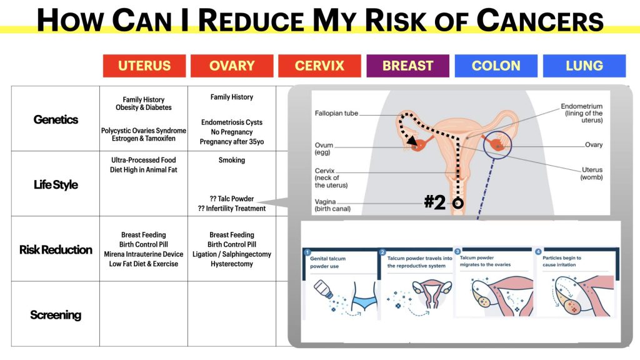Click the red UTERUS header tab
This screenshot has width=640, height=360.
[x=144, y=66]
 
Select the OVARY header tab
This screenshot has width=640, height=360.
[x=232, y=66]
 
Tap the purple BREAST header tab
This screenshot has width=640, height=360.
[x=407, y=66]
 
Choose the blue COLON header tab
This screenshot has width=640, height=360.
[x=496, y=66]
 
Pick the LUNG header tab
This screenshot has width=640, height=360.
[x=584, y=66]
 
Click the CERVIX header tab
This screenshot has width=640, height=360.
[x=319, y=66]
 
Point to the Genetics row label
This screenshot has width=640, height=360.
[x=56, y=119]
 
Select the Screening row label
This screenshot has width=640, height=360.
[x=56, y=315]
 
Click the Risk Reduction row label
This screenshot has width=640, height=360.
[x=56, y=250]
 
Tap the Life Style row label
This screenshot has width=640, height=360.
[x=56, y=185]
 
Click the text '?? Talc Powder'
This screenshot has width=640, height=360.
[x=232, y=199]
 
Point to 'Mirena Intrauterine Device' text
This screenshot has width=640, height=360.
[x=144, y=254]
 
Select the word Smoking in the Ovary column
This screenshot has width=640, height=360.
[x=232, y=160]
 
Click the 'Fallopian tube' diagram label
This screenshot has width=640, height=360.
[x=336, y=113]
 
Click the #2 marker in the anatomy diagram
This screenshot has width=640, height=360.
[x=435, y=202]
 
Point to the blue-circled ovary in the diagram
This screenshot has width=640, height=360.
[x=497, y=145]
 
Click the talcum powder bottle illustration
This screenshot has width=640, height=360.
[x=324, y=290]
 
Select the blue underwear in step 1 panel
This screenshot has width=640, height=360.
[x=364, y=302]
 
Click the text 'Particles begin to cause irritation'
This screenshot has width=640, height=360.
[x=562, y=261]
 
